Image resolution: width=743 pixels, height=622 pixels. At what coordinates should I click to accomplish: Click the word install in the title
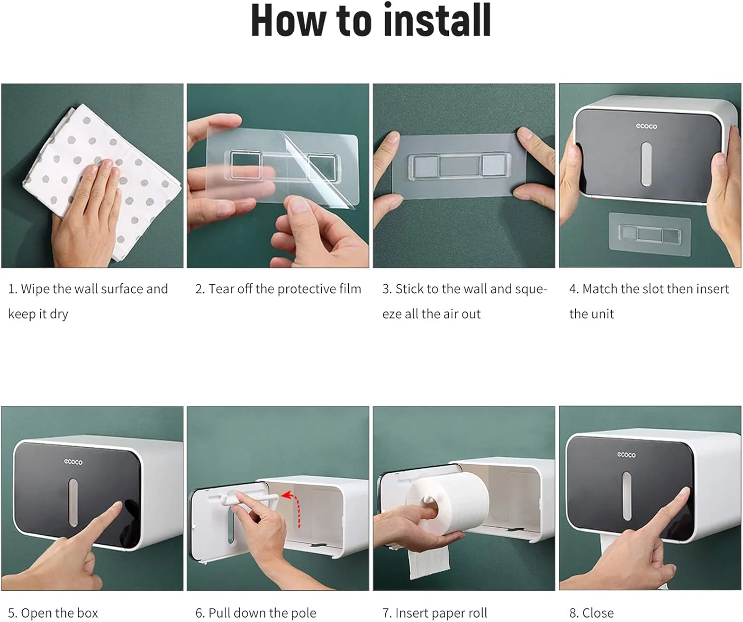click(437, 20)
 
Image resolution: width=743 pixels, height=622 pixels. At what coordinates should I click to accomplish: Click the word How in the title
click(289, 20)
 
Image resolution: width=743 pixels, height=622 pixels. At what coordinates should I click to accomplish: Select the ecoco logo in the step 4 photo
click(646, 126)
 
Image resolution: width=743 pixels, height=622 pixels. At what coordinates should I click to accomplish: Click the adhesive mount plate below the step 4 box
click(650, 234)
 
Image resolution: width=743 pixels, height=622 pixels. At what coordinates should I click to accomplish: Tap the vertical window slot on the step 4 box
click(646, 164)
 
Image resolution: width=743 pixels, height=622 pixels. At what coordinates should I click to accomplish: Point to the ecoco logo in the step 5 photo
click(73, 462)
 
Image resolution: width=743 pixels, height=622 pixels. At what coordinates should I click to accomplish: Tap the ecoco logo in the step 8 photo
click(626, 454)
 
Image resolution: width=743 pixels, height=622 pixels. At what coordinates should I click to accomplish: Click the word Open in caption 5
click(36, 614)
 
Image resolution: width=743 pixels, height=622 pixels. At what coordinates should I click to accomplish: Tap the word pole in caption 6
click(304, 614)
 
